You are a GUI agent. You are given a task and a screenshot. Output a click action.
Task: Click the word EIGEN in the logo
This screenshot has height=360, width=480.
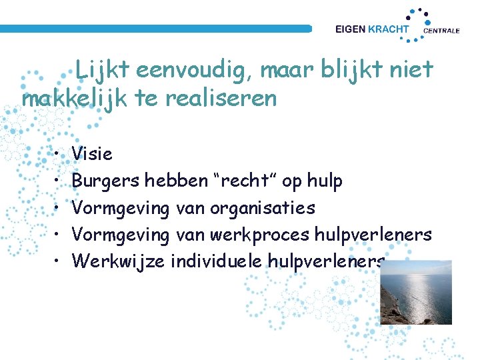[351, 29]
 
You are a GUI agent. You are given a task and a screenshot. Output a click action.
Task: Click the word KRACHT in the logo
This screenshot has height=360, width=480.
[391, 29]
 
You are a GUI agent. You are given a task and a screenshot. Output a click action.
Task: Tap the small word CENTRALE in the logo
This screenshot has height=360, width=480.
[441, 31]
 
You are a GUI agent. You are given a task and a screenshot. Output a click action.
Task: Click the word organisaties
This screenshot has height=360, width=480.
[262, 208]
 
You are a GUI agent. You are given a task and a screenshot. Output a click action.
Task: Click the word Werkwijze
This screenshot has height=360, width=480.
[119, 261]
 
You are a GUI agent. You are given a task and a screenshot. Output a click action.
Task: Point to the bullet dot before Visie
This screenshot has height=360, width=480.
[59, 155]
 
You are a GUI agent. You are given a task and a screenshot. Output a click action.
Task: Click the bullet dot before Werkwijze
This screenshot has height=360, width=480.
[59, 261]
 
